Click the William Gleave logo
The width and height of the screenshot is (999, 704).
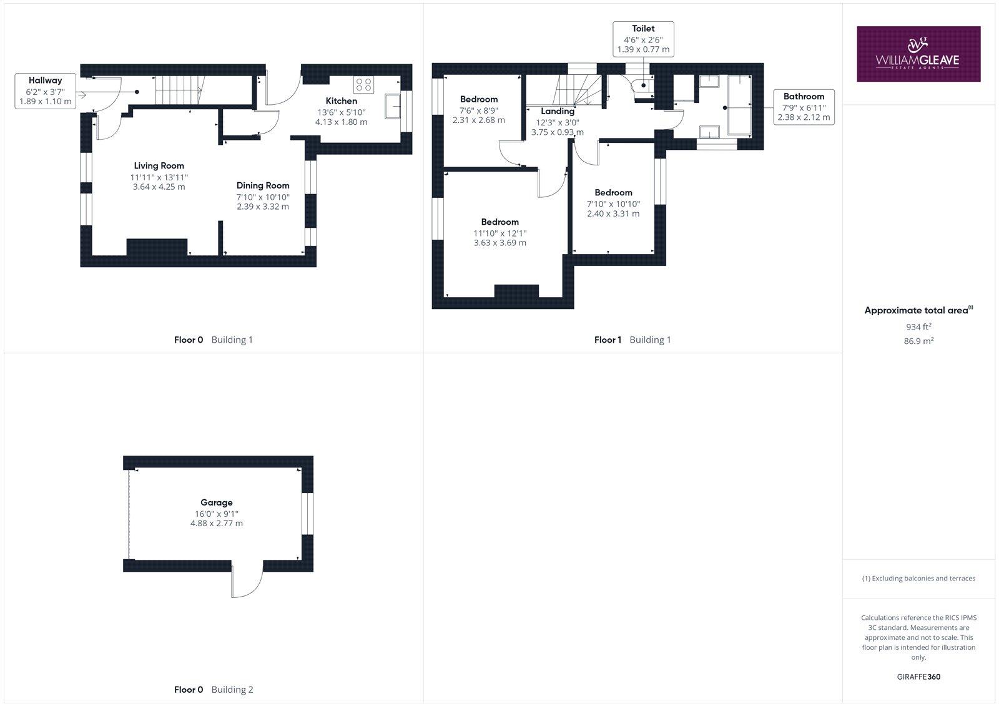click(x=918, y=54)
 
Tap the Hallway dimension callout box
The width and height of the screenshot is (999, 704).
click(x=45, y=91)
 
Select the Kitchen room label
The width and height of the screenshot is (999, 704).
click(x=342, y=101)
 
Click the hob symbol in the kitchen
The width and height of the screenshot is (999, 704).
click(x=363, y=84)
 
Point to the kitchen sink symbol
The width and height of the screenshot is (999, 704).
click(x=393, y=106)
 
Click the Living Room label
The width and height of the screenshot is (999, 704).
click(x=159, y=166)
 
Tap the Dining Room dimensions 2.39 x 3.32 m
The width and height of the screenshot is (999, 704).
click(x=263, y=207)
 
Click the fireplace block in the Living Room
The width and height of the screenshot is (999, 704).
click(x=157, y=247)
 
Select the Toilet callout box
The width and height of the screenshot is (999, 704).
click(x=643, y=39)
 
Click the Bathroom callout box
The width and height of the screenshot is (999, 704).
click(x=804, y=107)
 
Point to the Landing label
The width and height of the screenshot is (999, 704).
click(x=557, y=112)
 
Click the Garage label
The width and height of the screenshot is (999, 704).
click(x=216, y=502)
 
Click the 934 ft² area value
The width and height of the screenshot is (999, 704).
click(x=918, y=326)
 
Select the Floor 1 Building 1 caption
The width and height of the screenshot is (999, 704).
click(x=632, y=340)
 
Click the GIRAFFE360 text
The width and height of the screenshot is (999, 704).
click(x=918, y=677)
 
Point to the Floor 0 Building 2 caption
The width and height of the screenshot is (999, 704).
click(x=213, y=690)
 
